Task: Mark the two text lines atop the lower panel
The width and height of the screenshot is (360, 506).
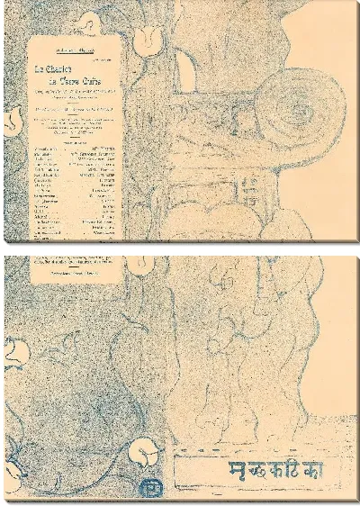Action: [x=77, y=261]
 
